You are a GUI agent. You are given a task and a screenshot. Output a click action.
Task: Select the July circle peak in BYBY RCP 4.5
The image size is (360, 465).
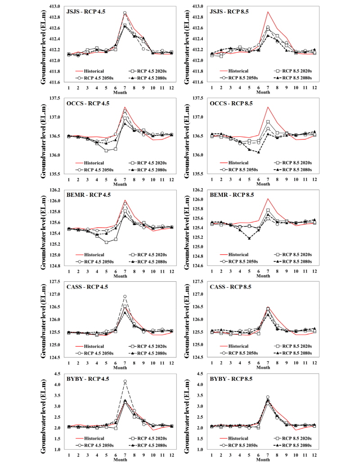pos(125,381)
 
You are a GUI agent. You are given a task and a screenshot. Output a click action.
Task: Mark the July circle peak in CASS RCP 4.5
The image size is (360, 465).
pos(125,297)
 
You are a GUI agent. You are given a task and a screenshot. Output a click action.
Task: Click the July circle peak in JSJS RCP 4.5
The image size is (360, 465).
pos(125,13)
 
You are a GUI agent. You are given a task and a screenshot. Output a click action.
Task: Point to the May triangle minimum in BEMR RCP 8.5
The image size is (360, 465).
pos(249,238)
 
